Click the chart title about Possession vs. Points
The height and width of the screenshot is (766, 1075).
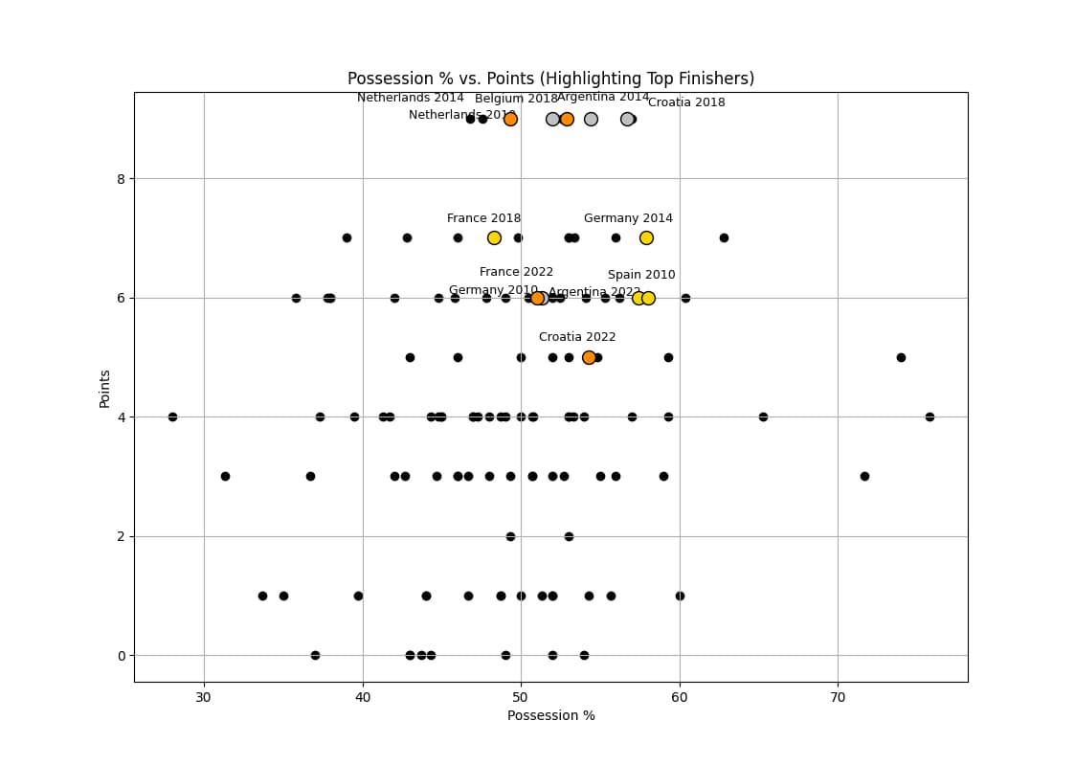pos(550,79)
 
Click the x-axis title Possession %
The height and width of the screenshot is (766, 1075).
pos(550,715)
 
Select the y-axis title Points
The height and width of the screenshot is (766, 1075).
pos(104,388)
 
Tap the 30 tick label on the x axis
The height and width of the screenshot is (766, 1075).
pos(204,697)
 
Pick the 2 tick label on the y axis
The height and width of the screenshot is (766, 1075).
pos(121,536)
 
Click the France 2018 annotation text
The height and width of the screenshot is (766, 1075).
pos(483,218)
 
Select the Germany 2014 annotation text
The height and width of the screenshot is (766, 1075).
pos(628,218)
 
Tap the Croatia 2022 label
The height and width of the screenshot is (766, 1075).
pos(577,337)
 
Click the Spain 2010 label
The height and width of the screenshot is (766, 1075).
pos(641,275)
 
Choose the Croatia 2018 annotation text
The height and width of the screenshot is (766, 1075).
pos(686,102)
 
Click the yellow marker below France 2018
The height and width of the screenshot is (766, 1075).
pos(494,237)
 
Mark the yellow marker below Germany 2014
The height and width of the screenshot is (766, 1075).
pos(646,237)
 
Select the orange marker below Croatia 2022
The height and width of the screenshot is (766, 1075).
pos(589,357)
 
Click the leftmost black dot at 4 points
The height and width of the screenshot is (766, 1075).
pos(172,417)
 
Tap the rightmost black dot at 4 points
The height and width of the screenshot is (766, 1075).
pos(929,417)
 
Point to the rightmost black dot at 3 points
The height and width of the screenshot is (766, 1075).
pos(864,476)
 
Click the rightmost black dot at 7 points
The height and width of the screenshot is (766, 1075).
pos(724,237)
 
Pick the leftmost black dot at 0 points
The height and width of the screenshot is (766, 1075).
pos(315,655)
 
